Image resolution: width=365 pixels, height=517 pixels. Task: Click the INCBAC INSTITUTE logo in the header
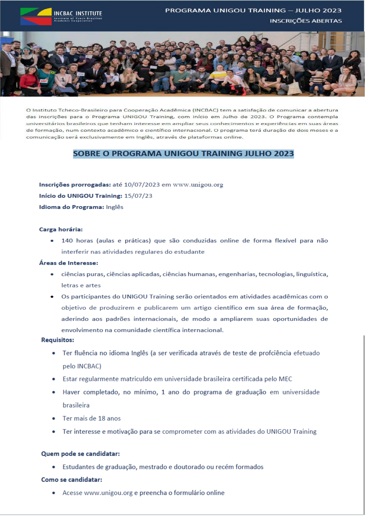click(61, 16)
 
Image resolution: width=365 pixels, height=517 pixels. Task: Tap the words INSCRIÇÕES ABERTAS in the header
click(306, 21)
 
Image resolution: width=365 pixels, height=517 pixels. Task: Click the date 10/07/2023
click(142, 185)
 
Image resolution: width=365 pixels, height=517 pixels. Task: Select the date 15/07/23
click(138, 196)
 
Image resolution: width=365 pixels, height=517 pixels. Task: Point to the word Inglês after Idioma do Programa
click(114, 207)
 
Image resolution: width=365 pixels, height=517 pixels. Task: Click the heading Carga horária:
click(61, 230)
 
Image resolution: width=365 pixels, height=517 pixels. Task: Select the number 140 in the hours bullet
click(67, 241)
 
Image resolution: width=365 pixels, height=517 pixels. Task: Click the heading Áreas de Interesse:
click(69, 263)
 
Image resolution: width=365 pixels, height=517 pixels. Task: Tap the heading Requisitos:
click(58, 340)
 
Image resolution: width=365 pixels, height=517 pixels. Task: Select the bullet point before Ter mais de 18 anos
click(54, 419)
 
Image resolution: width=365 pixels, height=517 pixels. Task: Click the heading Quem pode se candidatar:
click(80, 454)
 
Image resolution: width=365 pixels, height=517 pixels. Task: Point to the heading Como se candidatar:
click(71, 480)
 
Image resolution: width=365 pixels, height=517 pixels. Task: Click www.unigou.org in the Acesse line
click(108, 493)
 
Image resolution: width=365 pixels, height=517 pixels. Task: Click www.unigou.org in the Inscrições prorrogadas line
click(198, 185)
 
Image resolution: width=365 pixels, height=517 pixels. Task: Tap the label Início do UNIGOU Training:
click(81, 196)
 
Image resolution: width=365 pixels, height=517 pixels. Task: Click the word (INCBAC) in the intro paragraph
click(206, 110)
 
